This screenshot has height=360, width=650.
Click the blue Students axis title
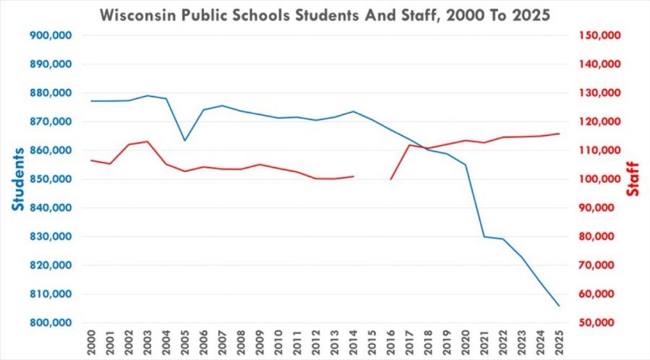pyautogui.click(x=17, y=179)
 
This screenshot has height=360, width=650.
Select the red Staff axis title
pyautogui.click(x=633, y=179)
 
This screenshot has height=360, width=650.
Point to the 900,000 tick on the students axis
pyautogui.click(x=51, y=36)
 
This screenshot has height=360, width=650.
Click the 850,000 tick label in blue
pyautogui.click(x=51, y=179)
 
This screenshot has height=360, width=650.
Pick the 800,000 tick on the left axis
pyautogui.click(x=51, y=323)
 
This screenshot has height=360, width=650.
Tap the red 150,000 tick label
pyautogui.click(x=599, y=36)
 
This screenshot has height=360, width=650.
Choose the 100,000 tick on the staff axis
pyautogui.click(x=599, y=179)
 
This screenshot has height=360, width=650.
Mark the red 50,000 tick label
pyautogui.click(x=602, y=323)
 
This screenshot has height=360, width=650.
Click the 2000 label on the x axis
pyautogui.click(x=91, y=342)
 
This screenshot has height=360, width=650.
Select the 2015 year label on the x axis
pyautogui.click(x=372, y=342)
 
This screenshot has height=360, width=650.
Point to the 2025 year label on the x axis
pyautogui.click(x=559, y=342)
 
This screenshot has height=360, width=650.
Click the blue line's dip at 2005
pyautogui.click(x=185, y=140)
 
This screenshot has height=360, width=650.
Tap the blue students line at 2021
pyautogui.click(x=484, y=236)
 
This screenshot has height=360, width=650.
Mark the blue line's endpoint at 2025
pyautogui.click(x=559, y=305)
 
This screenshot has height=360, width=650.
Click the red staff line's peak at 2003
pyautogui.click(x=147, y=142)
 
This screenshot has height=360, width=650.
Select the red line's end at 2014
pyautogui.click(x=353, y=177)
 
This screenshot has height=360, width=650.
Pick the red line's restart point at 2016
pyautogui.click(x=390, y=179)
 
